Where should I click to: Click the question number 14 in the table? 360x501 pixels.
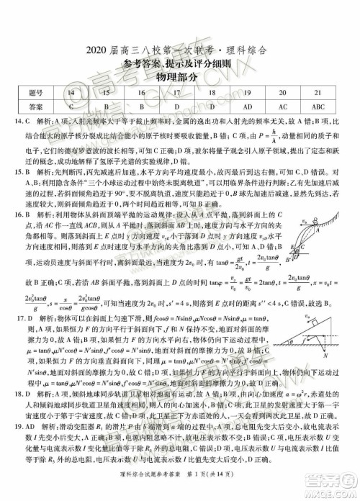tap(70, 93)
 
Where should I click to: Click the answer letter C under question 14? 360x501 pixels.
tap(70, 107)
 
